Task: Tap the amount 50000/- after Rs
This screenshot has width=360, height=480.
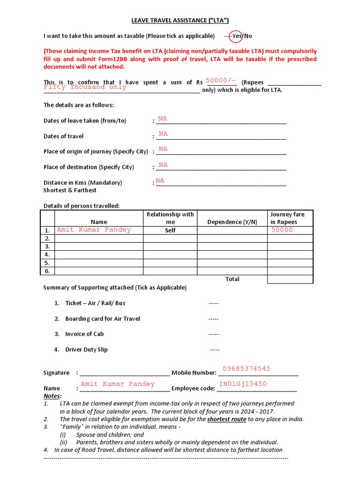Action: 224,81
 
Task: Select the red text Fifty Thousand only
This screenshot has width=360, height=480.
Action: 85,87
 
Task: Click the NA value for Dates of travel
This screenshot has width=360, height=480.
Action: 163,134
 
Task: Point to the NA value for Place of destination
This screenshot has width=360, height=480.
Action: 163,165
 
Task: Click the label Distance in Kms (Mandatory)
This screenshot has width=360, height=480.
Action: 82,182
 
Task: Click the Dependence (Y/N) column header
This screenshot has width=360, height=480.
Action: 232,222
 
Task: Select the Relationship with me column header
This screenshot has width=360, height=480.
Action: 170,218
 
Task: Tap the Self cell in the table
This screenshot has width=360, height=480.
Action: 170,231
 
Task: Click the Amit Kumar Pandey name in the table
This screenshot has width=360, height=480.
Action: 94,230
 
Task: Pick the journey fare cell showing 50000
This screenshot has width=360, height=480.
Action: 282,230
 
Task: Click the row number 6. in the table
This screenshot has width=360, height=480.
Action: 47,271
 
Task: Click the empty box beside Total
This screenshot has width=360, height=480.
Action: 290,279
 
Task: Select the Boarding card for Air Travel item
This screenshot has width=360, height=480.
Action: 103,319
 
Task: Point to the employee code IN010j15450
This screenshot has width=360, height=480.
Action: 243,384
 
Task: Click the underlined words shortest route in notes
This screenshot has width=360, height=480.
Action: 226,419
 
